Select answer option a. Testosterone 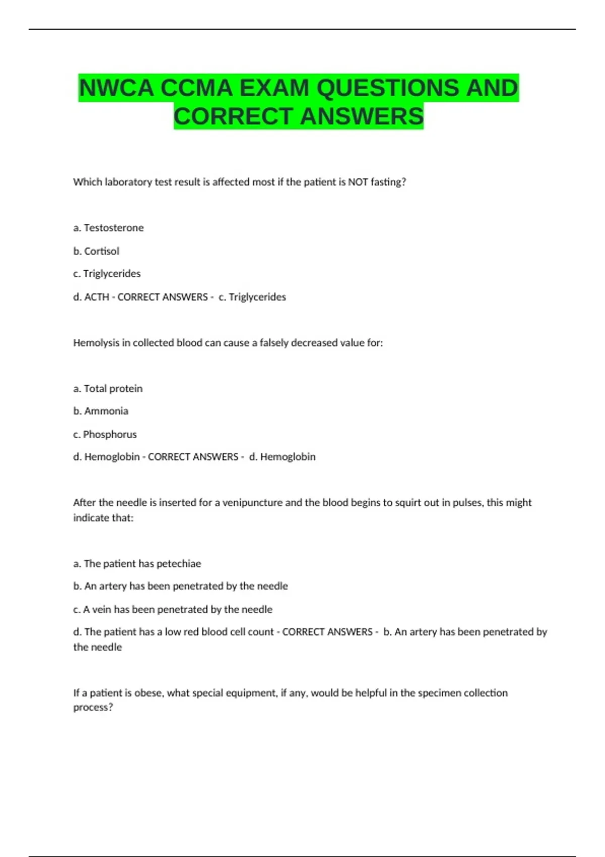108,228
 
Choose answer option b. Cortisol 96,251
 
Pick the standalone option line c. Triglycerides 107,274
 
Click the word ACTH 97,297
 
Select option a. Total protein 108,389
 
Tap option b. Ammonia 101,411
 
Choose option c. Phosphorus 105,434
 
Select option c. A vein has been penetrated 173,609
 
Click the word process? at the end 93,707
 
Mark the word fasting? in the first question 388,182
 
